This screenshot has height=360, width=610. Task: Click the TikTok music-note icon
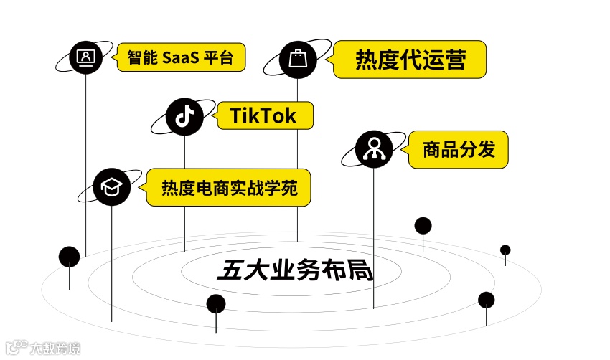coord(184,117)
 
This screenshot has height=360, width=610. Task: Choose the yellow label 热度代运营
coord(410,60)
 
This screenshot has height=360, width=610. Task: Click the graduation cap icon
coord(112,187)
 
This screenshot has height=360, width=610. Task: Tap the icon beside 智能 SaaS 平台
coord(86,56)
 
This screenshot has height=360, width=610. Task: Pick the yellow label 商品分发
coord(459,150)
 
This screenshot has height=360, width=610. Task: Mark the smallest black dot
coord(505,250)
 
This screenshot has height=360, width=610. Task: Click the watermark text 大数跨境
coord(55,349)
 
